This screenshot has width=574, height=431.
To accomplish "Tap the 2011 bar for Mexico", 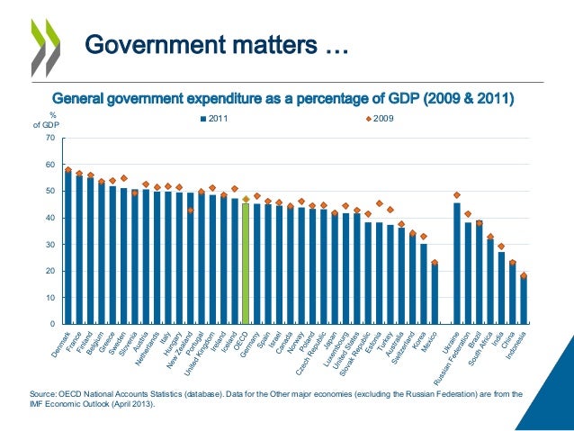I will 435,293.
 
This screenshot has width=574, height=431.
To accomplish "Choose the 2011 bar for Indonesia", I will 524,301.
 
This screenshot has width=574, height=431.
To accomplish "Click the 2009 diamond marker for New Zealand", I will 190,211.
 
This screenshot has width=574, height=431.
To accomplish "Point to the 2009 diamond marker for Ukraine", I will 457,195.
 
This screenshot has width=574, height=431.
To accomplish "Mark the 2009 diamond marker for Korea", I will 424,237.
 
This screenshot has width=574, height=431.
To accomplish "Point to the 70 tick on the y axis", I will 50,139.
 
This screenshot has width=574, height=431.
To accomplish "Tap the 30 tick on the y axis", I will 50,245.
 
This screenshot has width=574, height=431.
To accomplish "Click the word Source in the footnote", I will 45,393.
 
